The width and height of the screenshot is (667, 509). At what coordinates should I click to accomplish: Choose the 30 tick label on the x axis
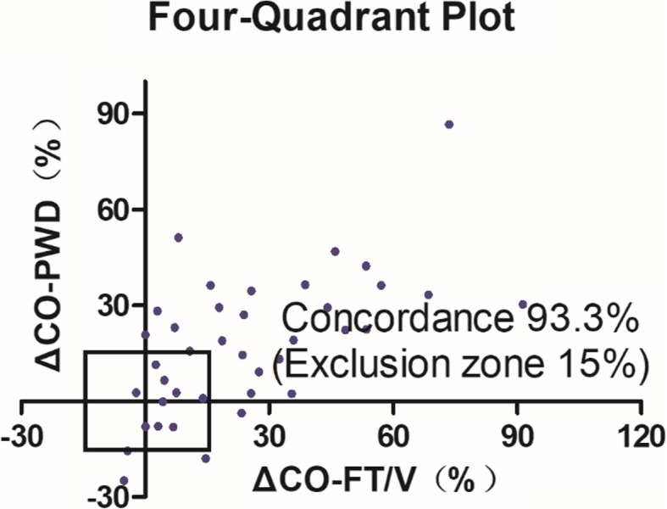[270, 436]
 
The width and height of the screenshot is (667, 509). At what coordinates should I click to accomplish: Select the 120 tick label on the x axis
[641, 436]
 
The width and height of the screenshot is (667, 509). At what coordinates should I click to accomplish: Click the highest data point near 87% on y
[449, 125]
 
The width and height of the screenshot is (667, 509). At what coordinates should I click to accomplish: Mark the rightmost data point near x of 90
[523, 304]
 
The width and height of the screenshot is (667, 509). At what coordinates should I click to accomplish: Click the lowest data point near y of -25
[124, 480]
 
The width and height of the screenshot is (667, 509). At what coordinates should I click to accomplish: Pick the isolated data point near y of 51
[178, 238]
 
